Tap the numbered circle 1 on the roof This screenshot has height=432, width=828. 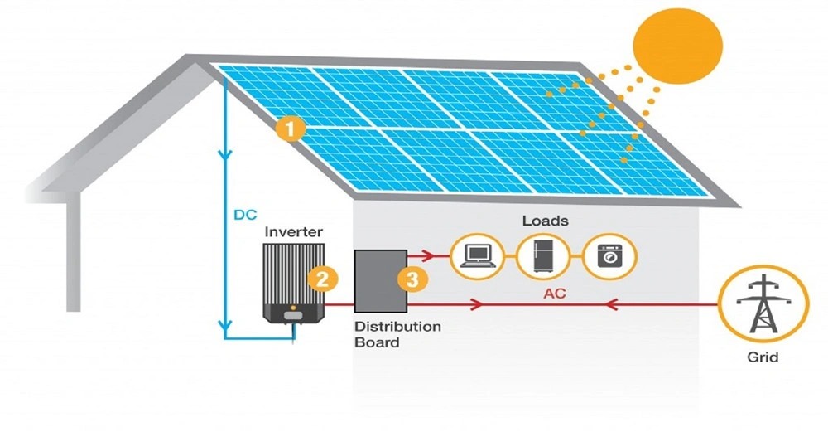pos(291,130)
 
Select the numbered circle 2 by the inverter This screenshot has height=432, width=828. pos(322,279)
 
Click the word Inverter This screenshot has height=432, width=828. pos(294,231)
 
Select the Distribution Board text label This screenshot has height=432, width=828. pos(397,334)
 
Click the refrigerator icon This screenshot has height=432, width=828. pos(543,256)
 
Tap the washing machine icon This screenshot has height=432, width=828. pos(611,256)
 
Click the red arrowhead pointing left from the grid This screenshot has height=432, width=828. pos(611,305)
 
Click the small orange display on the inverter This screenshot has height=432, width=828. pos(291,315)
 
